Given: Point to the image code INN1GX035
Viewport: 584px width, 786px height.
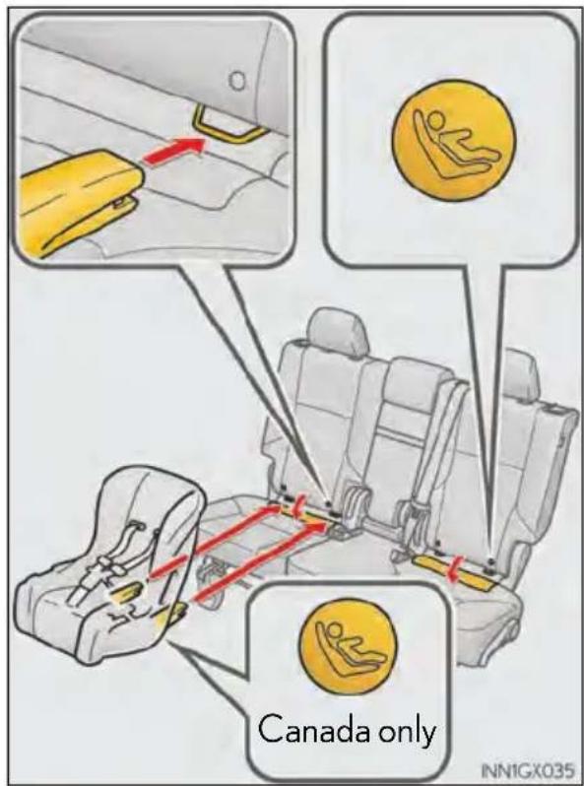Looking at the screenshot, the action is tap(526, 769).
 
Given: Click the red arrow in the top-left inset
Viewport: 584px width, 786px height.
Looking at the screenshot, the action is tap(174, 150).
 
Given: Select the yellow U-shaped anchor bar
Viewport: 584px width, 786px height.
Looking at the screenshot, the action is tap(229, 128).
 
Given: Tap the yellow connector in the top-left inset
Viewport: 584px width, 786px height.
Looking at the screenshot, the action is tap(80, 201).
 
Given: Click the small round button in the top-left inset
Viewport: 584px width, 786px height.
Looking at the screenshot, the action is tap(238, 80).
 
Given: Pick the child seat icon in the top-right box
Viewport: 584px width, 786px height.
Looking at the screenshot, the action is tap(454, 140).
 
